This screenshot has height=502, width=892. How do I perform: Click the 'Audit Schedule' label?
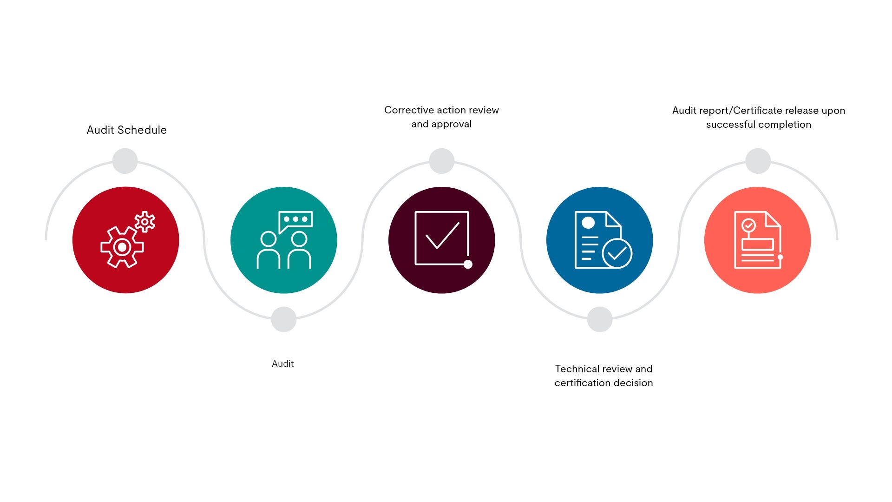[x=126, y=130]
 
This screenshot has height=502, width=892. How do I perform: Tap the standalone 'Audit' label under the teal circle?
[x=282, y=363]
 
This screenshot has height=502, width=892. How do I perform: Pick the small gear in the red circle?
[x=145, y=222]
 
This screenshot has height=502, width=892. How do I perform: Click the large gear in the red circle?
[x=122, y=247]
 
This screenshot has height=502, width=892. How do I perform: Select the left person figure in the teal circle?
[x=269, y=250]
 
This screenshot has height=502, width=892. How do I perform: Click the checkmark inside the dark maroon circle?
[x=442, y=235]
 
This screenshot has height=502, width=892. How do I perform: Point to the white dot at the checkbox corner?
[x=468, y=264]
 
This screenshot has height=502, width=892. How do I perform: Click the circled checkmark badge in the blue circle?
[x=617, y=253]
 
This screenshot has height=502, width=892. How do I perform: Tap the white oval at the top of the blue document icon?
[x=588, y=223]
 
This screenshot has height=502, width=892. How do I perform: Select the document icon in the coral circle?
[x=758, y=240]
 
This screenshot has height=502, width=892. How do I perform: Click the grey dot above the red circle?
[x=125, y=161]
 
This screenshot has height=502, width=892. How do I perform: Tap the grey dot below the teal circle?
[x=284, y=319]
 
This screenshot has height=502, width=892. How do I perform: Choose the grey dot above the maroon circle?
[x=442, y=161]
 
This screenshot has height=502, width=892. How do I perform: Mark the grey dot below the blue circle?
[x=600, y=319]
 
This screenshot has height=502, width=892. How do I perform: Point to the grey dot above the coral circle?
[x=758, y=161]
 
